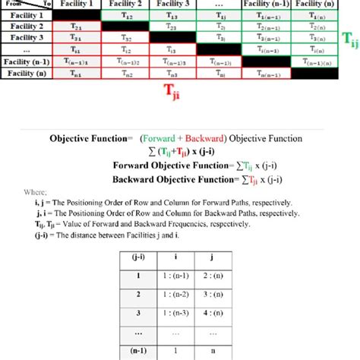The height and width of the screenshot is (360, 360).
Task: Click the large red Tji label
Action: pyautogui.click(x=173, y=92)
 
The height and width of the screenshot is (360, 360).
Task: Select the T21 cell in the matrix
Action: pyautogui.click(x=76, y=26)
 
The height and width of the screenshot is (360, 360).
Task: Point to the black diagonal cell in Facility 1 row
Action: pyautogui.click(x=76, y=15)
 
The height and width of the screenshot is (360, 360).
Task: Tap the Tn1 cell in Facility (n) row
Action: pyautogui.click(x=76, y=74)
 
